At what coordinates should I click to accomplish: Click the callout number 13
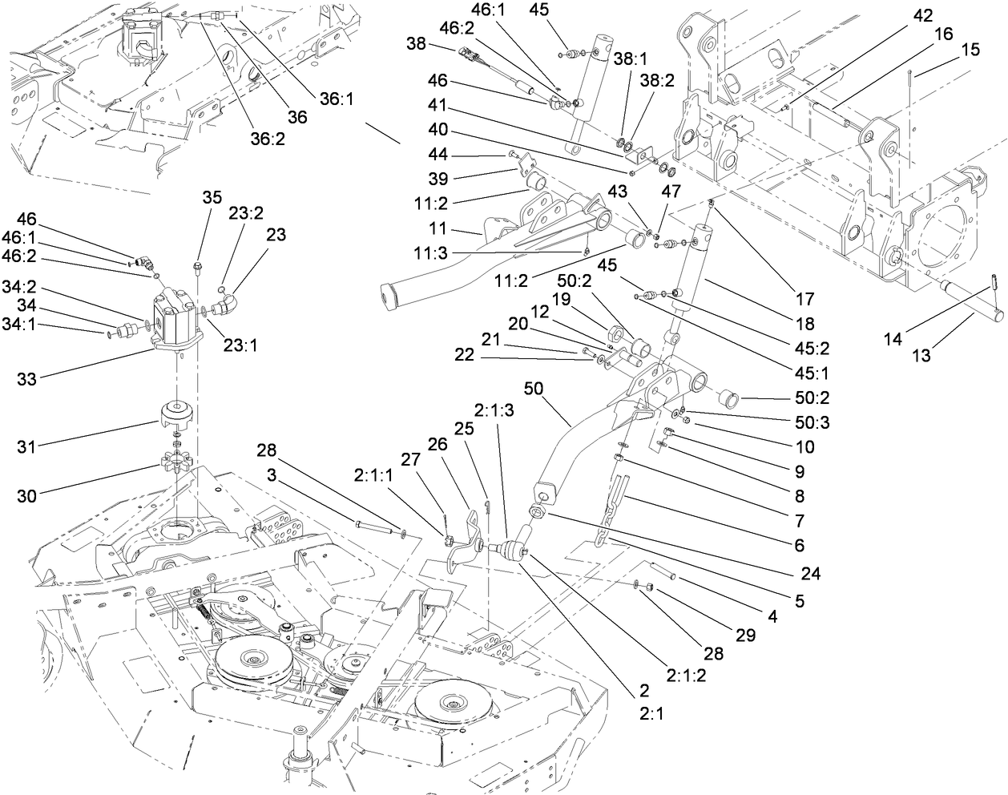(x=921, y=356)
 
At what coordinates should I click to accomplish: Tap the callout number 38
(x=416, y=45)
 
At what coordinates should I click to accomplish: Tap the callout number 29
(x=745, y=636)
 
